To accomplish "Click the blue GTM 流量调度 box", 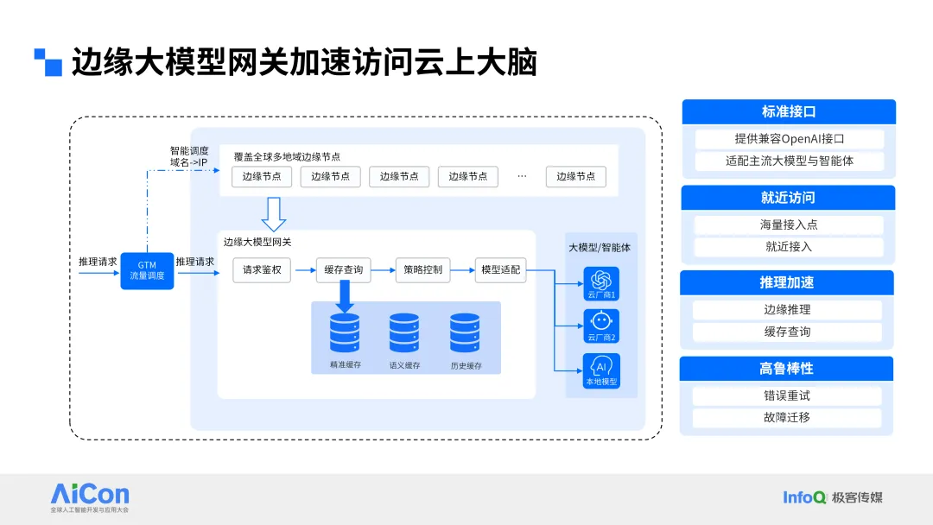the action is coord(147,271).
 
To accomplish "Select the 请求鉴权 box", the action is coord(262,270).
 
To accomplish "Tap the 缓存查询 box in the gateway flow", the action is coord(343,270).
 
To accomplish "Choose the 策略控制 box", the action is coord(423,270).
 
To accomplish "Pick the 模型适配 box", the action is coord(500,270).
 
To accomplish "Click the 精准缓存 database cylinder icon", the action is coord(345,333).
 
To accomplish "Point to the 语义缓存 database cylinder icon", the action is coord(404,333).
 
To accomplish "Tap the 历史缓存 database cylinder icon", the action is coord(465,333).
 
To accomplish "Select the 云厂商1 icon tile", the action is coord(601,283).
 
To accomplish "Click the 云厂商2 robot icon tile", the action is coord(601,326).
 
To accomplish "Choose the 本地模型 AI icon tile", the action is coord(601,371).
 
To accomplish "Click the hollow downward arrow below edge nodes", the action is coord(274,214).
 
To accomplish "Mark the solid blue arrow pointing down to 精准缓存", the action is coord(344,296).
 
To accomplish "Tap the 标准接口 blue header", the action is coord(789,111).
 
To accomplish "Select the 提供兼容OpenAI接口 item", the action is coord(789,138).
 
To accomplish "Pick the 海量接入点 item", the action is coord(789,225).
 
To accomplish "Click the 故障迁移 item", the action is coord(787,417).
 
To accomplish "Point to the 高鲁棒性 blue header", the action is coord(786,369).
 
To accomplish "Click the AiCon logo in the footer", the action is coord(90,497).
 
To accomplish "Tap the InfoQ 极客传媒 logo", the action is coord(833,497).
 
